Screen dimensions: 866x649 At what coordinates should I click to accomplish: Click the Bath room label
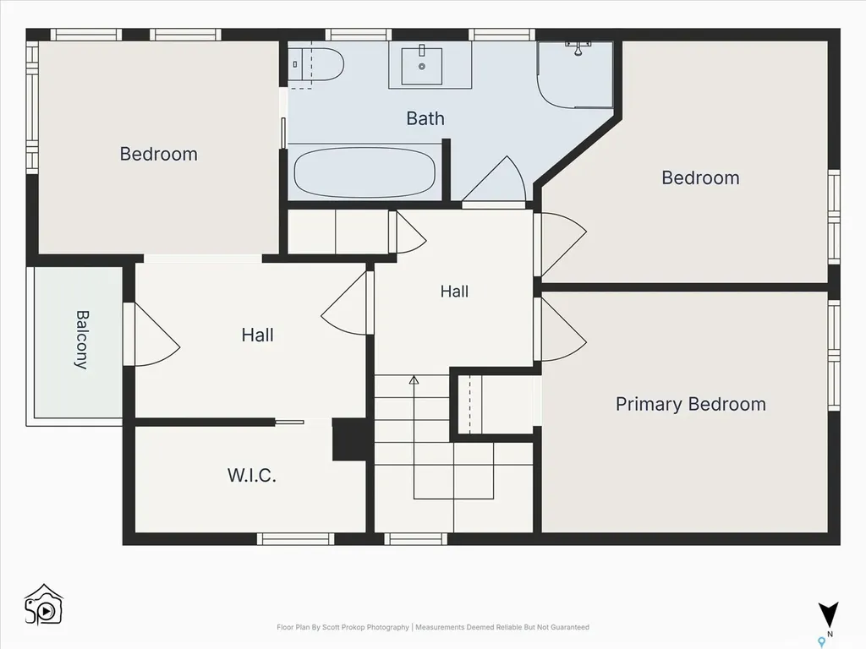coord(425,118)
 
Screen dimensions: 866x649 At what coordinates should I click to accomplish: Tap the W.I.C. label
coord(252,475)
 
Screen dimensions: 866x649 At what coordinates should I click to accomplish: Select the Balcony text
coord(82,340)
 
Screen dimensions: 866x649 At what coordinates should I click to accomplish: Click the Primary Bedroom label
coord(690,404)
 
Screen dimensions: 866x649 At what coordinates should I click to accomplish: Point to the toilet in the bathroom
coord(316,64)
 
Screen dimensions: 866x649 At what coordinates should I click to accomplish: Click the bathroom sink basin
coord(421,66)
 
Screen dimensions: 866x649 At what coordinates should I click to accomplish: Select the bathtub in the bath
coord(364,172)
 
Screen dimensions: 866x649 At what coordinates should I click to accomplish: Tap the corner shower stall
coord(575,74)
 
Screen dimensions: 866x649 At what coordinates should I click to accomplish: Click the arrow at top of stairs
coord(414,380)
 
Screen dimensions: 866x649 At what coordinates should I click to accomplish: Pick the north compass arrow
coord(829,614)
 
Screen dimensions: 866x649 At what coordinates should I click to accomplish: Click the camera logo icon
coord(44,605)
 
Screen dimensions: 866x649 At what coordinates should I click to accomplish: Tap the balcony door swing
coord(157,335)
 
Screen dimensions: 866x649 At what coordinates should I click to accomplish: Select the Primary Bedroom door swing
coord(563,330)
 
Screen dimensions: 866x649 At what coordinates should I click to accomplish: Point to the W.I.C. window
coord(295,538)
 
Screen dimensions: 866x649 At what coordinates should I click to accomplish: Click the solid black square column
coord(349,439)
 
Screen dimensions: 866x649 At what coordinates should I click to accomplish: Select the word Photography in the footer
coord(388,628)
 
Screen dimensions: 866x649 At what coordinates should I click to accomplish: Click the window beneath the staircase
coord(416,538)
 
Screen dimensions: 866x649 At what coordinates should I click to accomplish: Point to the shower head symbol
coord(578,48)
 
